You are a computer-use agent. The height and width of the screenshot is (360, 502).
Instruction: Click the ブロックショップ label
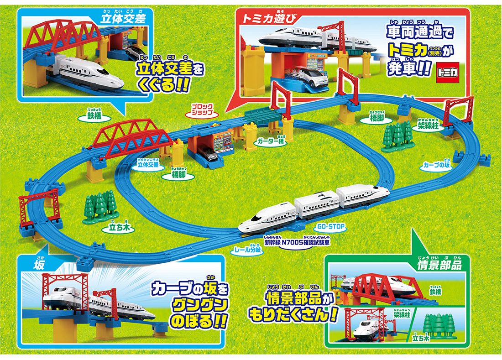[x=202, y=109]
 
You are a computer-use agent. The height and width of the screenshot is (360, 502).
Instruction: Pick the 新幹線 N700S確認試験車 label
[x=297, y=242]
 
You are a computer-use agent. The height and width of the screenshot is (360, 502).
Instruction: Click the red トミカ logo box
[x=448, y=72]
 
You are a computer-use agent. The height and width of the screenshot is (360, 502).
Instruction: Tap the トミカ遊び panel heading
[x=265, y=19]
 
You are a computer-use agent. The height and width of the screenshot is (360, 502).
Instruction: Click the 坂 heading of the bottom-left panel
[x=38, y=265]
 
